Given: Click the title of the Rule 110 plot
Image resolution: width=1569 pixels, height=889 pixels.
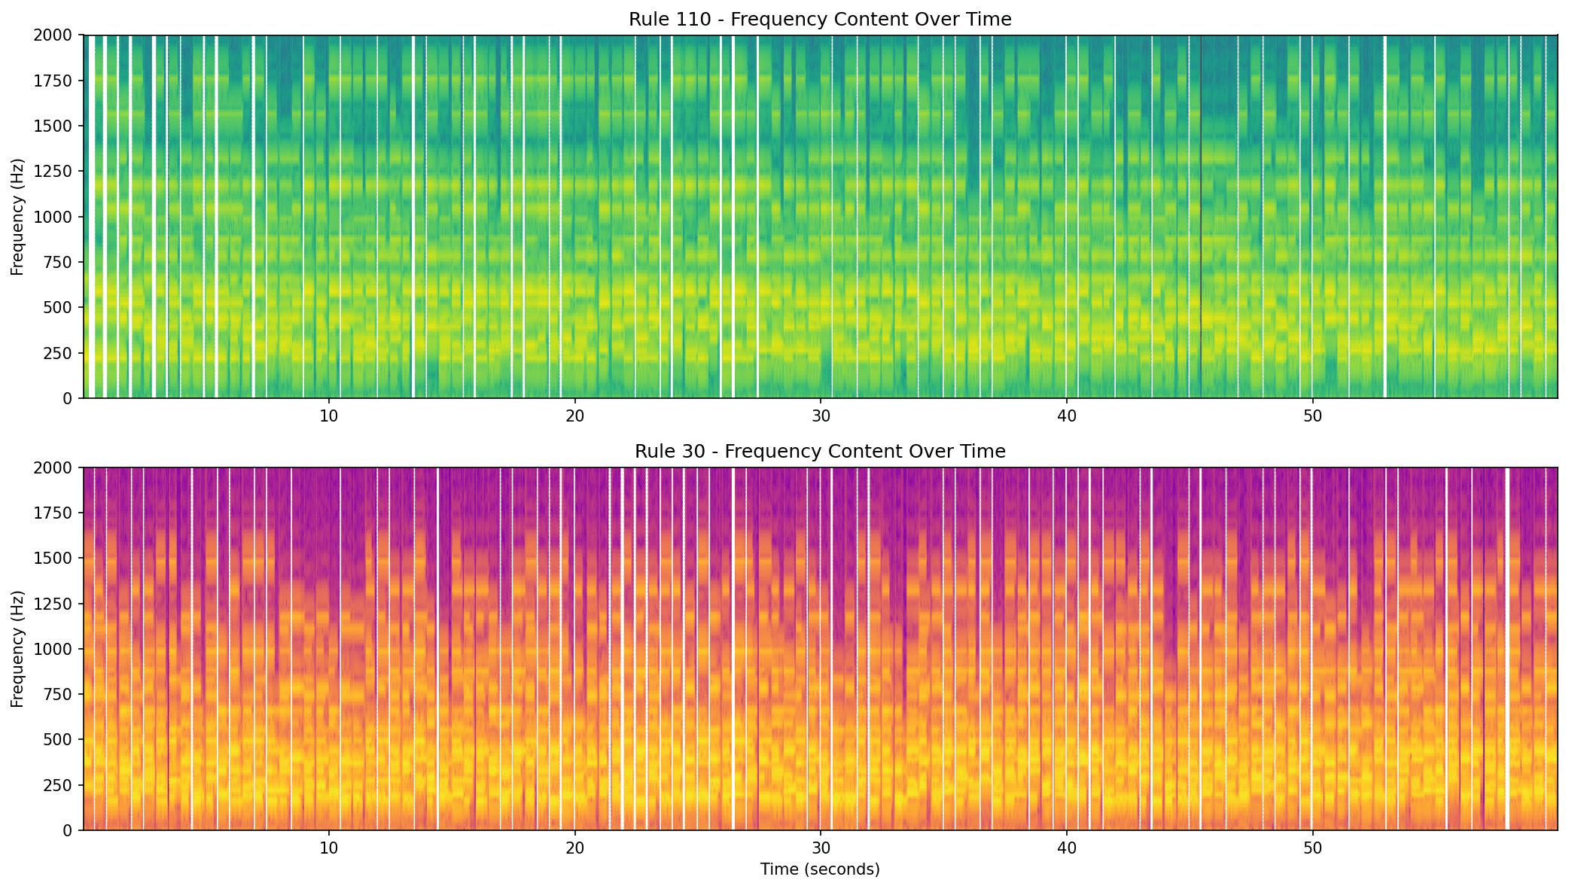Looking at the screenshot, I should pos(820,20).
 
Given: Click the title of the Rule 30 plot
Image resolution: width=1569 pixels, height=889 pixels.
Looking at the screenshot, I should pos(820,452).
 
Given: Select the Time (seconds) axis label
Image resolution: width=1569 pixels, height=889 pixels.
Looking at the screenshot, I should pos(820,869).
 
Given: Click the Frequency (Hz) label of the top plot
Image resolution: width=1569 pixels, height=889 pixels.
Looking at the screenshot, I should pos(18,217).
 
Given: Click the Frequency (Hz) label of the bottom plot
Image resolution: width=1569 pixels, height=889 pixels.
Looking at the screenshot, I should pos(18,649).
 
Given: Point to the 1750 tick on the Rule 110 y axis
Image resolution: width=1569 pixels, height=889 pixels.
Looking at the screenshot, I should pos(57,81).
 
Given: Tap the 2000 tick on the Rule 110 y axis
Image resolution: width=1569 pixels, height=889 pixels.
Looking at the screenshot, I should pos(57,35).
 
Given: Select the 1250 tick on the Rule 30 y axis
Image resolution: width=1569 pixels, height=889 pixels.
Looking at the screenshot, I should pos(57,604).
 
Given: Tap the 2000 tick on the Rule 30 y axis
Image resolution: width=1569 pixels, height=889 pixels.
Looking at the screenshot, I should pos(57,467).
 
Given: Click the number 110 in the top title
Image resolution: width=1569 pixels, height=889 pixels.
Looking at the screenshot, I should pos(696,20).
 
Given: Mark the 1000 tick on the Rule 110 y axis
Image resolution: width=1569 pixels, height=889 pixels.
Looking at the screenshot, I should pos(57,217).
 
